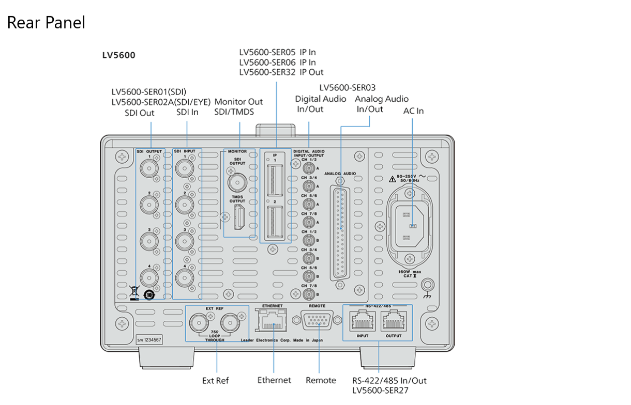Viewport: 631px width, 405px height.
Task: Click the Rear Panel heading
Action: click(x=46, y=23)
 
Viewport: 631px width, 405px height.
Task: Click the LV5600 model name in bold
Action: click(x=119, y=55)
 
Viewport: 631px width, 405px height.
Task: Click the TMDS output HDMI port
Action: click(x=239, y=217)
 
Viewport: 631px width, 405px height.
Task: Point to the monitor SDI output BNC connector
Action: click(x=238, y=182)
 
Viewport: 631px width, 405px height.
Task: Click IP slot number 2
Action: click(x=275, y=222)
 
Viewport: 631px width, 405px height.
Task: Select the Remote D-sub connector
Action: click(x=317, y=323)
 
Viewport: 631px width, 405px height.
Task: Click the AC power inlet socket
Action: click(x=412, y=225)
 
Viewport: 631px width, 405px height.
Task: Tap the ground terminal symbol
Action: click(x=428, y=285)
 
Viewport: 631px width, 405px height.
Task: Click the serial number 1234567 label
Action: click(x=149, y=340)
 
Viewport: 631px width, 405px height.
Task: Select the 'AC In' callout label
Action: click(x=413, y=111)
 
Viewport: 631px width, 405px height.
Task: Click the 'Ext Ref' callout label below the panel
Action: click(x=215, y=381)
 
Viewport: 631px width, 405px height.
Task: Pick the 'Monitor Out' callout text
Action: click(x=238, y=102)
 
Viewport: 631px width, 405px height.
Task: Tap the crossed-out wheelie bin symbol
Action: click(x=134, y=292)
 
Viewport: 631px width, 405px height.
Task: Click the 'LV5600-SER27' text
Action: click(x=380, y=391)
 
